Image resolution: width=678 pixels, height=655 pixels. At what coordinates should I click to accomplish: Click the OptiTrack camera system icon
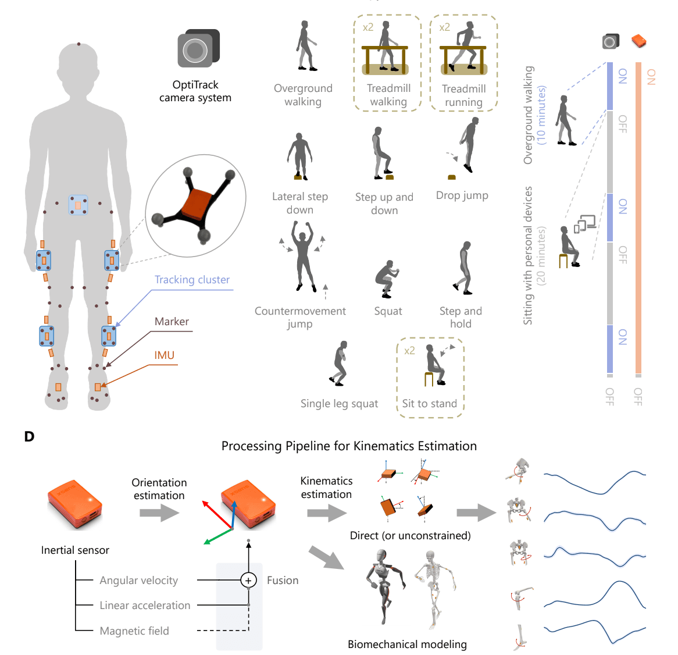coord(198,49)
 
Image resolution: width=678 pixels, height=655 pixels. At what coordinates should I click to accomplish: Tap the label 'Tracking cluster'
coord(192,280)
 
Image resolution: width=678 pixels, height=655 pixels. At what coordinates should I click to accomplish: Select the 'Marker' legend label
coord(172,322)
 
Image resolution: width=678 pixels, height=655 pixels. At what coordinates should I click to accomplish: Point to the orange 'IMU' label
coord(165,355)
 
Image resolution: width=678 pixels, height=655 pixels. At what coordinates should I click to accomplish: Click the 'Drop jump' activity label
coord(462,195)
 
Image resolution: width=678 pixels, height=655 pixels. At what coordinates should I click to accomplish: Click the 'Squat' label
coord(388,311)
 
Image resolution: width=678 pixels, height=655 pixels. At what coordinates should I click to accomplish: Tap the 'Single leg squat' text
coord(339,404)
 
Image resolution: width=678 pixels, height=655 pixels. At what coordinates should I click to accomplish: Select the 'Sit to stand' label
coord(430,404)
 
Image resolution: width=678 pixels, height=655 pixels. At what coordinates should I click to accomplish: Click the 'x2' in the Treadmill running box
coord(445,27)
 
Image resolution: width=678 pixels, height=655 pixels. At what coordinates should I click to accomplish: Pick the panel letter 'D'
coord(30,436)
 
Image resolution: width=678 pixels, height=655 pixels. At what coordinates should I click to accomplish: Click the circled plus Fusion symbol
coord(248,580)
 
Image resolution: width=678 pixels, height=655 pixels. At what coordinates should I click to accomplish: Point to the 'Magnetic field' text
coord(134,631)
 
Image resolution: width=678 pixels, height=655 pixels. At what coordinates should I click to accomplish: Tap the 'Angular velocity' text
coord(138,581)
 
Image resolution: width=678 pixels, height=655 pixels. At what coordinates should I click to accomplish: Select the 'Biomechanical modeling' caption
coord(407,645)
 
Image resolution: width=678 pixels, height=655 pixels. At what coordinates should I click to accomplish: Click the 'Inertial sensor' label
coord(75,550)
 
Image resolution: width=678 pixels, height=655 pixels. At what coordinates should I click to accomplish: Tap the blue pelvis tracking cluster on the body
coord(78,205)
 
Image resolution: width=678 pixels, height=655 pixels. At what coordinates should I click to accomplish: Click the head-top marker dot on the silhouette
coord(79,44)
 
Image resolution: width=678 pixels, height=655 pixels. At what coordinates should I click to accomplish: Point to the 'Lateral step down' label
coord(300,203)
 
